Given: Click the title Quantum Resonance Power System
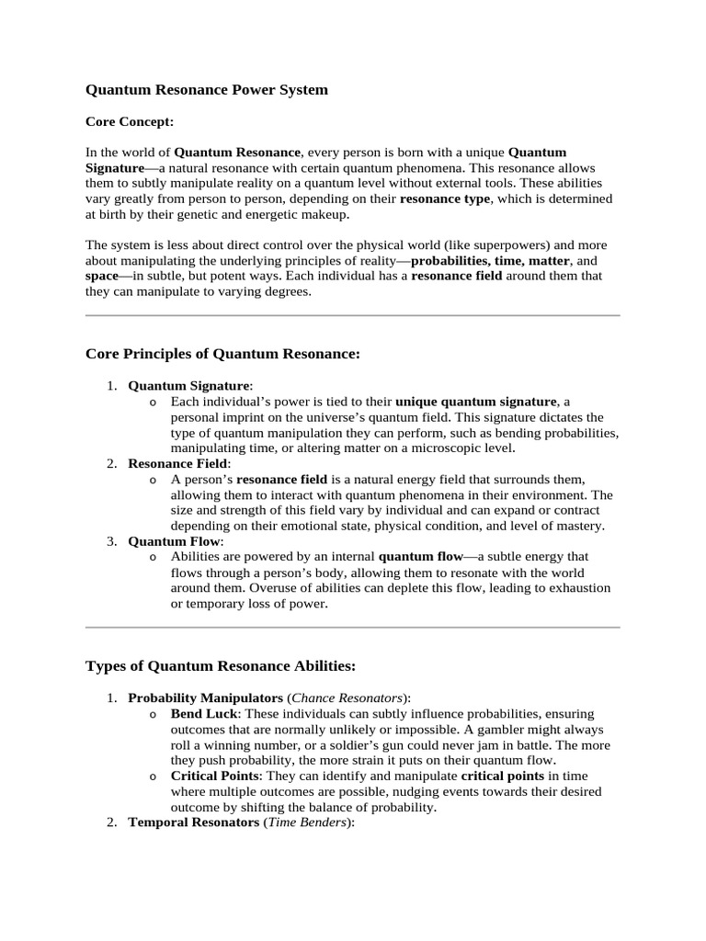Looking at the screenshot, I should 206,90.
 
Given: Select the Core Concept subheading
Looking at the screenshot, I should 129,120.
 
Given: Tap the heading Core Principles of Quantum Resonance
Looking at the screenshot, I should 222,354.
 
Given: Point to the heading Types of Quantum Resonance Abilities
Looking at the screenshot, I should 220,665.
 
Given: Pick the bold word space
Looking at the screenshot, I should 101,276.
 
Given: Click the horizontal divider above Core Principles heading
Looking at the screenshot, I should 352,315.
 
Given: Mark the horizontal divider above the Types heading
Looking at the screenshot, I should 352,628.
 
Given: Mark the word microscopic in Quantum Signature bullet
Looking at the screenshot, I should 445,448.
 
